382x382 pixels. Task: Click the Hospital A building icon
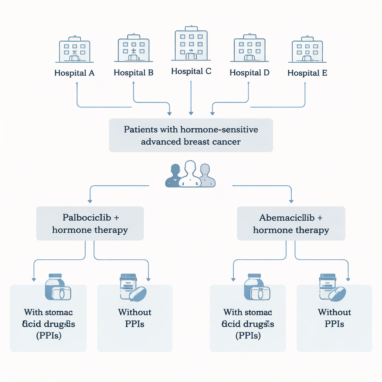tap(74, 50)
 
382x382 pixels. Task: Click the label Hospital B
tap(134, 72)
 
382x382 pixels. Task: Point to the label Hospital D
tap(250, 72)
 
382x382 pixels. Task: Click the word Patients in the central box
tap(140, 130)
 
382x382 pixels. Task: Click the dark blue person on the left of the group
tap(173, 176)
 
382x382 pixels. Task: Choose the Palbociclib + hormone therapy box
tap(90, 223)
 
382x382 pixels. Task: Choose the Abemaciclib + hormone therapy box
tap(291, 223)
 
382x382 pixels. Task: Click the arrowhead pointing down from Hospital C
tap(191, 112)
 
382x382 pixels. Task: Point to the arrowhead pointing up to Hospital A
tap(77, 84)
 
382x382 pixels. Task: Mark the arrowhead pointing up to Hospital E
tap(305, 84)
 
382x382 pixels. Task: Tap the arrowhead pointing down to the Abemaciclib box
tap(291, 200)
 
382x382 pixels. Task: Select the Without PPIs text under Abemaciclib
tap(334, 318)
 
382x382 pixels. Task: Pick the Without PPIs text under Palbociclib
tap(135, 318)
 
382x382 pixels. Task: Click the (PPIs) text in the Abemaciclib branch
tap(248, 336)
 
